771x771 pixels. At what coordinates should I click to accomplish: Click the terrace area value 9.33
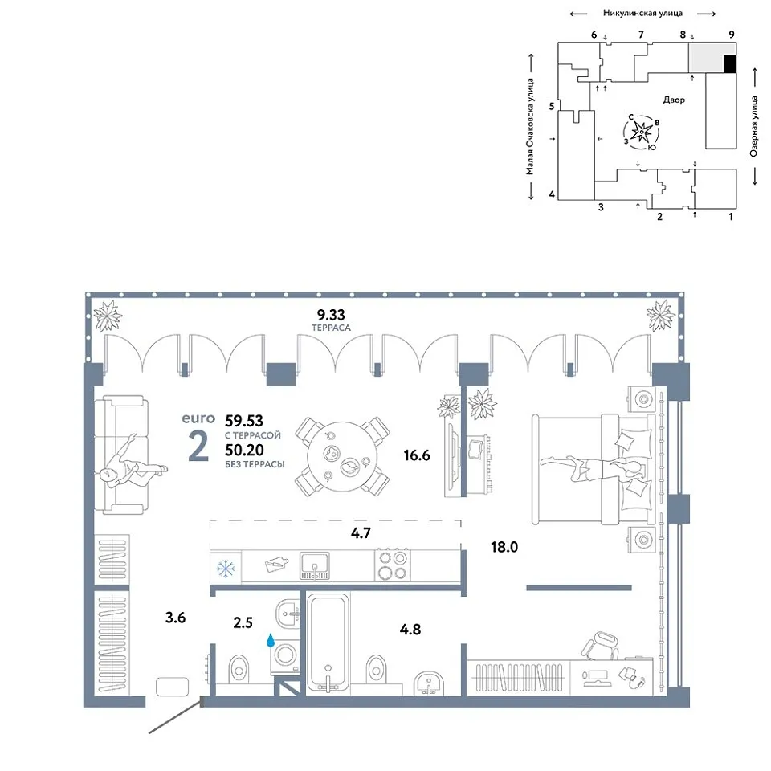pyautogui.click(x=331, y=315)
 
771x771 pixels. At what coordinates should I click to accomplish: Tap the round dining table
pyautogui.click(x=343, y=457)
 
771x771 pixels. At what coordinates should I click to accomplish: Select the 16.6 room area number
pyautogui.click(x=417, y=455)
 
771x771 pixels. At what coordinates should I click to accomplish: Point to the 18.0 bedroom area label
pyautogui.click(x=504, y=547)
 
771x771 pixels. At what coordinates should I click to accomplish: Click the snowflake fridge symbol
pyautogui.click(x=226, y=569)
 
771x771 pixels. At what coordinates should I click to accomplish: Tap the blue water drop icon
pyautogui.click(x=271, y=640)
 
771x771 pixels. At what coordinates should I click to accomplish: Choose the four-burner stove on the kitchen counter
pyautogui.click(x=393, y=565)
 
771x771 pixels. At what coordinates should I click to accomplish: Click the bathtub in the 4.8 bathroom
pyautogui.click(x=328, y=643)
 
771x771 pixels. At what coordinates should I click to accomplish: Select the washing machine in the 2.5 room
pyautogui.click(x=286, y=656)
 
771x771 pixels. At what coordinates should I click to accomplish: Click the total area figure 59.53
pyautogui.click(x=244, y=421)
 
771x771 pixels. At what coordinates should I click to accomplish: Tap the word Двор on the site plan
pyautogui.click(x=674, y=100)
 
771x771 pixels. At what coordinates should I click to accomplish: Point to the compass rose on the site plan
pyautogui.click(x=642, y=132)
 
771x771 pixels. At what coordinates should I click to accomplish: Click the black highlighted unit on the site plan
pyautogui.click(x=730, y=64)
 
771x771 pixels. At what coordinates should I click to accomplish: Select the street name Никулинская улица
pyautogui.click(x=642, y=14)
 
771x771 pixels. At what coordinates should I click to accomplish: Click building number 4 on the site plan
pyautogui.click(x=552, y=194)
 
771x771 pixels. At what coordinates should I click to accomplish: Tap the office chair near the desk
pyautogui.click(x=601, y=646)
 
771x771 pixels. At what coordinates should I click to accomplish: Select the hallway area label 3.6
pyautogui.click(x=176, y=618)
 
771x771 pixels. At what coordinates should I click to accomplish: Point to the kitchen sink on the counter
pyautogui.click(x=315, y=566)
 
